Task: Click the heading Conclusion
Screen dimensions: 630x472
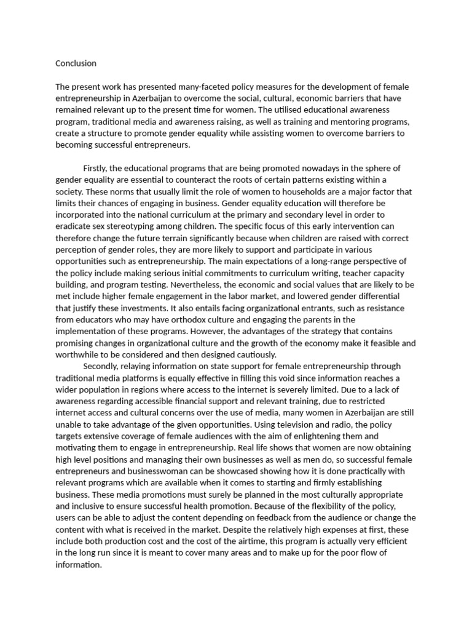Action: click(x=76, y=63)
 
